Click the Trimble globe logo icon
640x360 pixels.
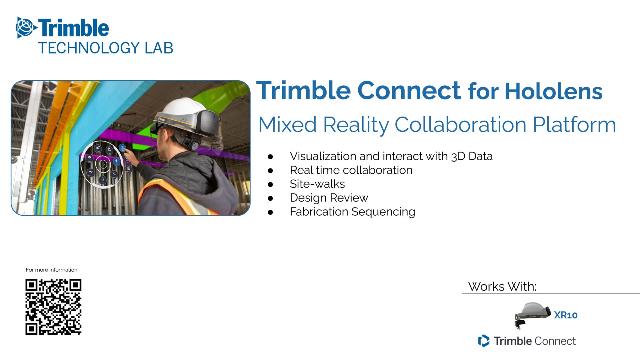coord(26,27)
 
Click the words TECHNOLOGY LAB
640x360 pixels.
coord(105,48)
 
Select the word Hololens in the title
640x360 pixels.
coord(553,91)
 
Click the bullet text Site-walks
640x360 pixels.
coord(317,184)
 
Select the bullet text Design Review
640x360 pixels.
coord(329,198)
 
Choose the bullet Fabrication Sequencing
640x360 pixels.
coord(352,212)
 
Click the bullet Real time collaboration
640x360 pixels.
coord(351,170)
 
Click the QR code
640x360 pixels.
coord(53,307)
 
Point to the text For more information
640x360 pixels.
coord(52,270)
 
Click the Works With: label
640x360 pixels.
coord(502,287)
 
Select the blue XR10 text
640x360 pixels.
coord(565,315)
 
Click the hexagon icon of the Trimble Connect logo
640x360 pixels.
coord(483,341)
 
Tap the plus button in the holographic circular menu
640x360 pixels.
coord(117,161)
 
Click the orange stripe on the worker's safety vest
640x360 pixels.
coord(175,194)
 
